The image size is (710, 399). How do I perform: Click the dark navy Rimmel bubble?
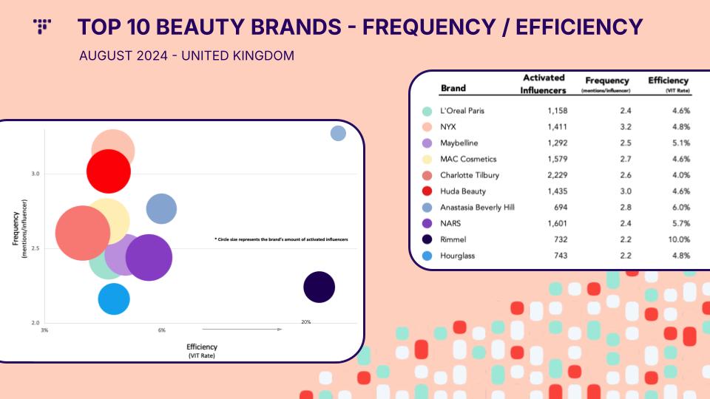[319, 287]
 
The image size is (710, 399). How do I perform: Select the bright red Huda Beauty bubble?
[109, 171]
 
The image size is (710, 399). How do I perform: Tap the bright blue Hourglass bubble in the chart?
[114, 299]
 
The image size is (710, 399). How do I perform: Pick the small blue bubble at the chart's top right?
[338, 134]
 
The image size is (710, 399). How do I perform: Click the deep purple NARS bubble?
[149, 257]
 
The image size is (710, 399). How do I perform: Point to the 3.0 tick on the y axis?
[35, 174]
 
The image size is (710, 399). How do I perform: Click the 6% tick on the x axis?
[162, 330]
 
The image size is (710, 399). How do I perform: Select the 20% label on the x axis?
[306, 322]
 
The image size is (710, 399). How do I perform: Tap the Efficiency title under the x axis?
[202, 347]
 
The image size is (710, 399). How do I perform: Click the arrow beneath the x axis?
[243, 330]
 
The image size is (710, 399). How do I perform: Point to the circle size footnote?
[281, 239]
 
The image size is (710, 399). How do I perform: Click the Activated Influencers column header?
[543, 84]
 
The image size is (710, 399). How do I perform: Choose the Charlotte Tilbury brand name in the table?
[470, 175]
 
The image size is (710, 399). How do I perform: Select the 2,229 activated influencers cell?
[558, 175]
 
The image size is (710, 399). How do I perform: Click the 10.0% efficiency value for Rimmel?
[679, 239]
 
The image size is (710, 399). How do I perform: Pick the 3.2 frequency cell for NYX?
[626, 126]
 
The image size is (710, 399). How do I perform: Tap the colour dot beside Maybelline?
[427, 143]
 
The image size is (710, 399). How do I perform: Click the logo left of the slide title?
[42, 27]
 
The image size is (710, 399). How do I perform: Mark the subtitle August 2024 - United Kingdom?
[186, 55]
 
